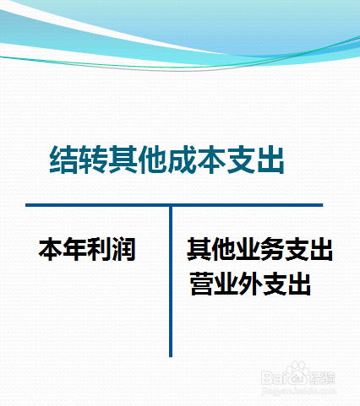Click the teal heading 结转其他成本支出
[166, 160]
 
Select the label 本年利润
[87, 249]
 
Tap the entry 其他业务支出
[259, 249]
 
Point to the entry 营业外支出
[250, 284]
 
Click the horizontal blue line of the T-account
[174, 205]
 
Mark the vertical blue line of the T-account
[171, 282]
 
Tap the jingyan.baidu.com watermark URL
[298, 391]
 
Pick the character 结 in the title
[63, 160]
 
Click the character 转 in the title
[93, 160]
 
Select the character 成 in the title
[182, 160]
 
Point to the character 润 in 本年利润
[124, 249]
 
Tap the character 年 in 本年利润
[75, 249]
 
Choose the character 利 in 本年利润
[100, 249]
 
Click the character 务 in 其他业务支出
[272, 249]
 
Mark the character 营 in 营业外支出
[202, 284]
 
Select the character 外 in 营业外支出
[250, 284]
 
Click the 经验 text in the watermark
[323, 377]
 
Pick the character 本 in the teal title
[211, 160]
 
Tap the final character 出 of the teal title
[270, 160]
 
